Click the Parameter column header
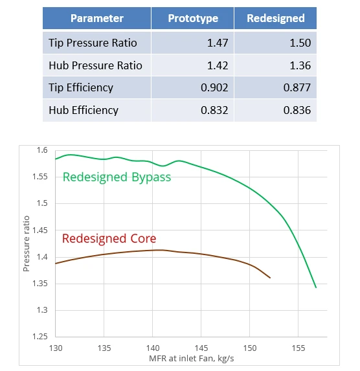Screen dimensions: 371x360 (96, 18)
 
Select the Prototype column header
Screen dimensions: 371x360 (193, 18)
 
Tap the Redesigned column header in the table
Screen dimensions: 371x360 (276, 18)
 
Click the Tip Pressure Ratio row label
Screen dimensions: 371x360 (93, 43)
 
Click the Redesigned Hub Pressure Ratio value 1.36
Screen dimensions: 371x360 (298, 65)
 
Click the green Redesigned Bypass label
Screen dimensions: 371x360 (117, 177)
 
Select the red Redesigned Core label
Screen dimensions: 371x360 (109, 239)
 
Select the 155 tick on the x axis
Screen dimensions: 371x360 (298, 348)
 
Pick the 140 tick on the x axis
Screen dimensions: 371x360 (153, 348)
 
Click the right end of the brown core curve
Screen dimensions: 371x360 (269, 278)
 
